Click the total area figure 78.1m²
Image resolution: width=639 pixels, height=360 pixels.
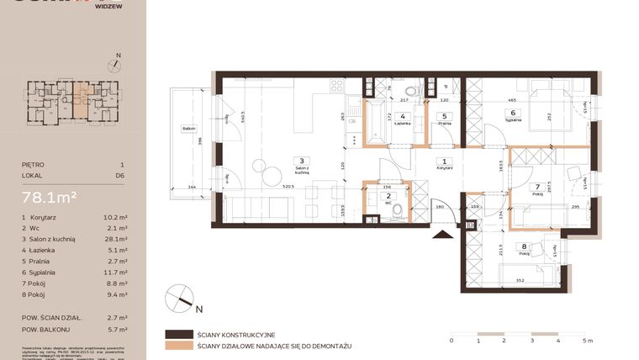[50, 198]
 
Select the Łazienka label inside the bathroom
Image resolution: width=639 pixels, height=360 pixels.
[403, 124]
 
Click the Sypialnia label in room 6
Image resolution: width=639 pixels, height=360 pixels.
[512, 119]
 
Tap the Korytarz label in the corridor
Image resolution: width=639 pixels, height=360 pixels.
[446, 168]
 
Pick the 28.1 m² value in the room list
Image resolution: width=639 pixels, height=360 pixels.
[114, 238]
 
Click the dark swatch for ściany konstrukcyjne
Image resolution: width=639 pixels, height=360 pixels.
[178, 334]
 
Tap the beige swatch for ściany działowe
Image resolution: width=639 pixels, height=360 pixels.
[178, 345]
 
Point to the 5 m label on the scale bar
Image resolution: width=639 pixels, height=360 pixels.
[586, 341]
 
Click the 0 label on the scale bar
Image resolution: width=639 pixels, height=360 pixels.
[452, 341]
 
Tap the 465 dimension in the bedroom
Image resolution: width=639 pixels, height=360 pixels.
[511, 101]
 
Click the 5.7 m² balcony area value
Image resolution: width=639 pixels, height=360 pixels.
[114, 330]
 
